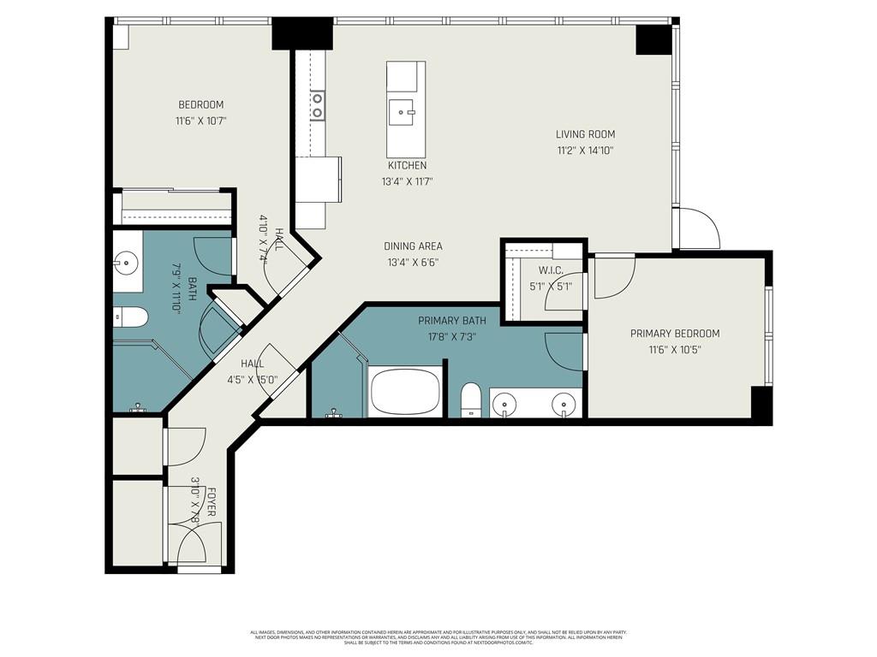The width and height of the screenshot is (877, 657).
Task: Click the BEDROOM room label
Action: click(200, 105)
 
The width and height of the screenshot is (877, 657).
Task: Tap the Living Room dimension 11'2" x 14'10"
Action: click(585, 151)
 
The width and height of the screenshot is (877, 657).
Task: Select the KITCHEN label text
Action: click(407, 165)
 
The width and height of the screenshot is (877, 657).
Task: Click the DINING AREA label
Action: click(413, 246)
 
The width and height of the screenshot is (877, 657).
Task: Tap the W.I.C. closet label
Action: click(549, 270)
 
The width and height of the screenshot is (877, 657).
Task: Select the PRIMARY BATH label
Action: click(451, 321)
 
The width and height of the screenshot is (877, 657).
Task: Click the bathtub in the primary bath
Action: click(405, 394)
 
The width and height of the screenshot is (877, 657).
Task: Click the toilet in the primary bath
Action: click(470, 400)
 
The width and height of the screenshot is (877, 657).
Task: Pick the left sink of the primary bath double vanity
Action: click(507, 401)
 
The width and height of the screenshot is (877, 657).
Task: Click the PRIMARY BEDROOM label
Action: click(675, 334)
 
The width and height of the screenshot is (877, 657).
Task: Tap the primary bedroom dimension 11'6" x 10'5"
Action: click(675, 350)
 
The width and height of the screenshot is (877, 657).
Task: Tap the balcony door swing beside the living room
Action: click(699, 228)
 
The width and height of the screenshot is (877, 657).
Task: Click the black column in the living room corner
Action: click(653, 39)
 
